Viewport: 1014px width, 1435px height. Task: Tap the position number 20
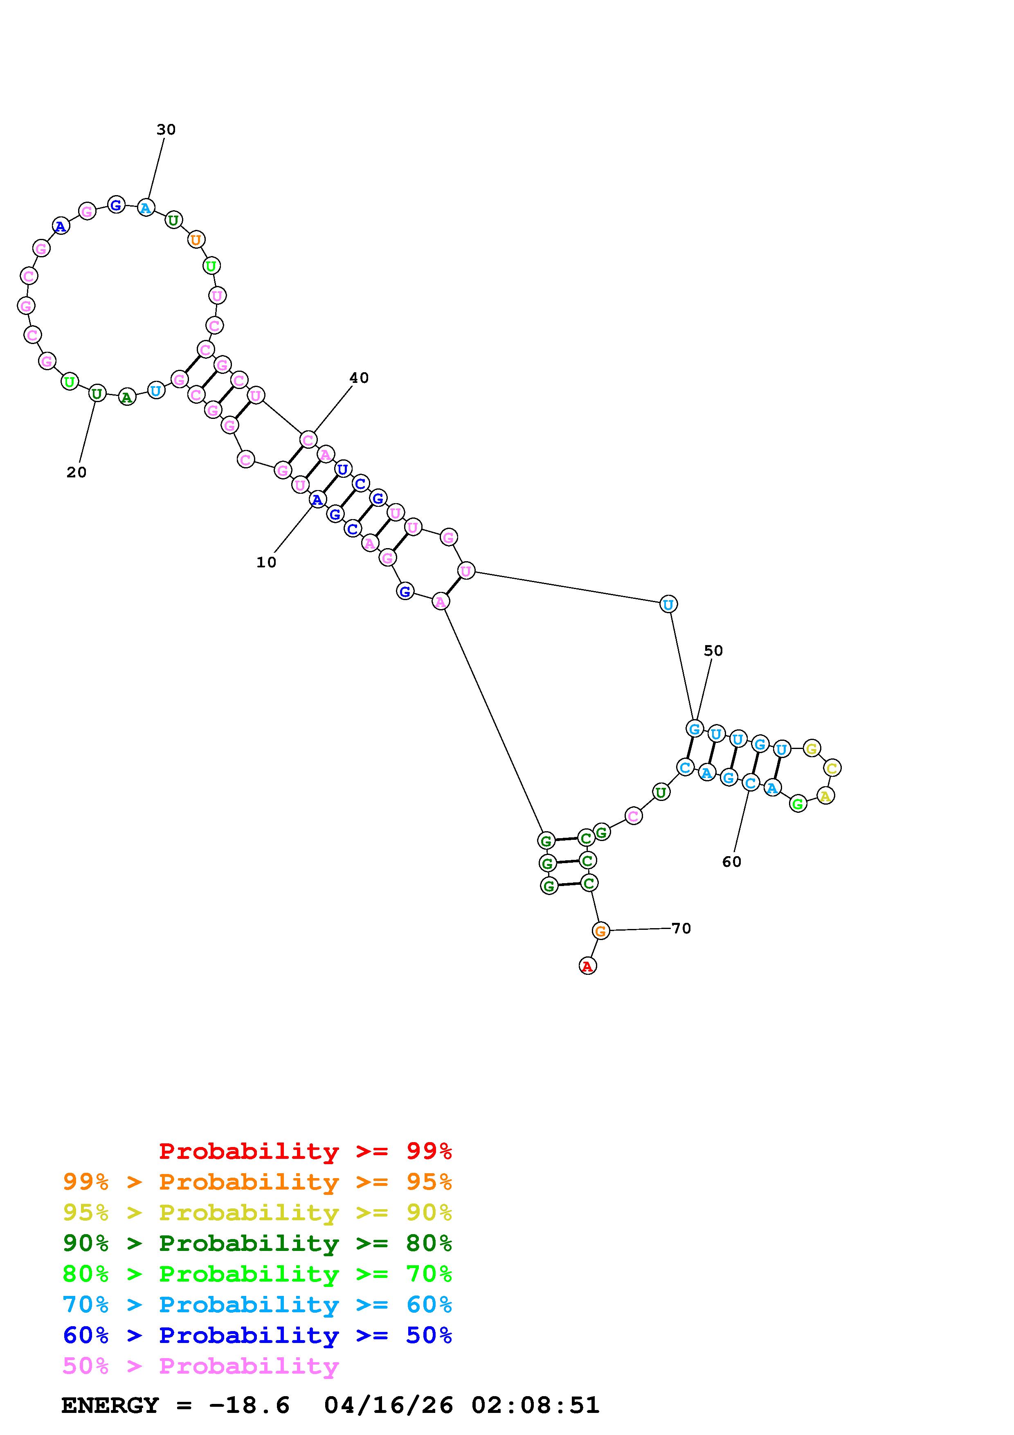[76, 472]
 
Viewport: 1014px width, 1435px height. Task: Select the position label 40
[359, 378]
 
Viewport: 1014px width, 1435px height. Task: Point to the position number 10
[266, 562]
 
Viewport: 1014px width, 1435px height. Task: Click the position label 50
[713, 651]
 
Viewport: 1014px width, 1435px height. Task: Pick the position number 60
[732, 862]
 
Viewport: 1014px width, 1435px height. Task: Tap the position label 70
[681, 928]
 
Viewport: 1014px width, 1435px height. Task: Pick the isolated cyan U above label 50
[668, 604]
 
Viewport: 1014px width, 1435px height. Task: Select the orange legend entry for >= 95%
[257, 1181]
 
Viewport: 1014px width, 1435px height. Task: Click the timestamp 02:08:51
[535, 1405]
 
